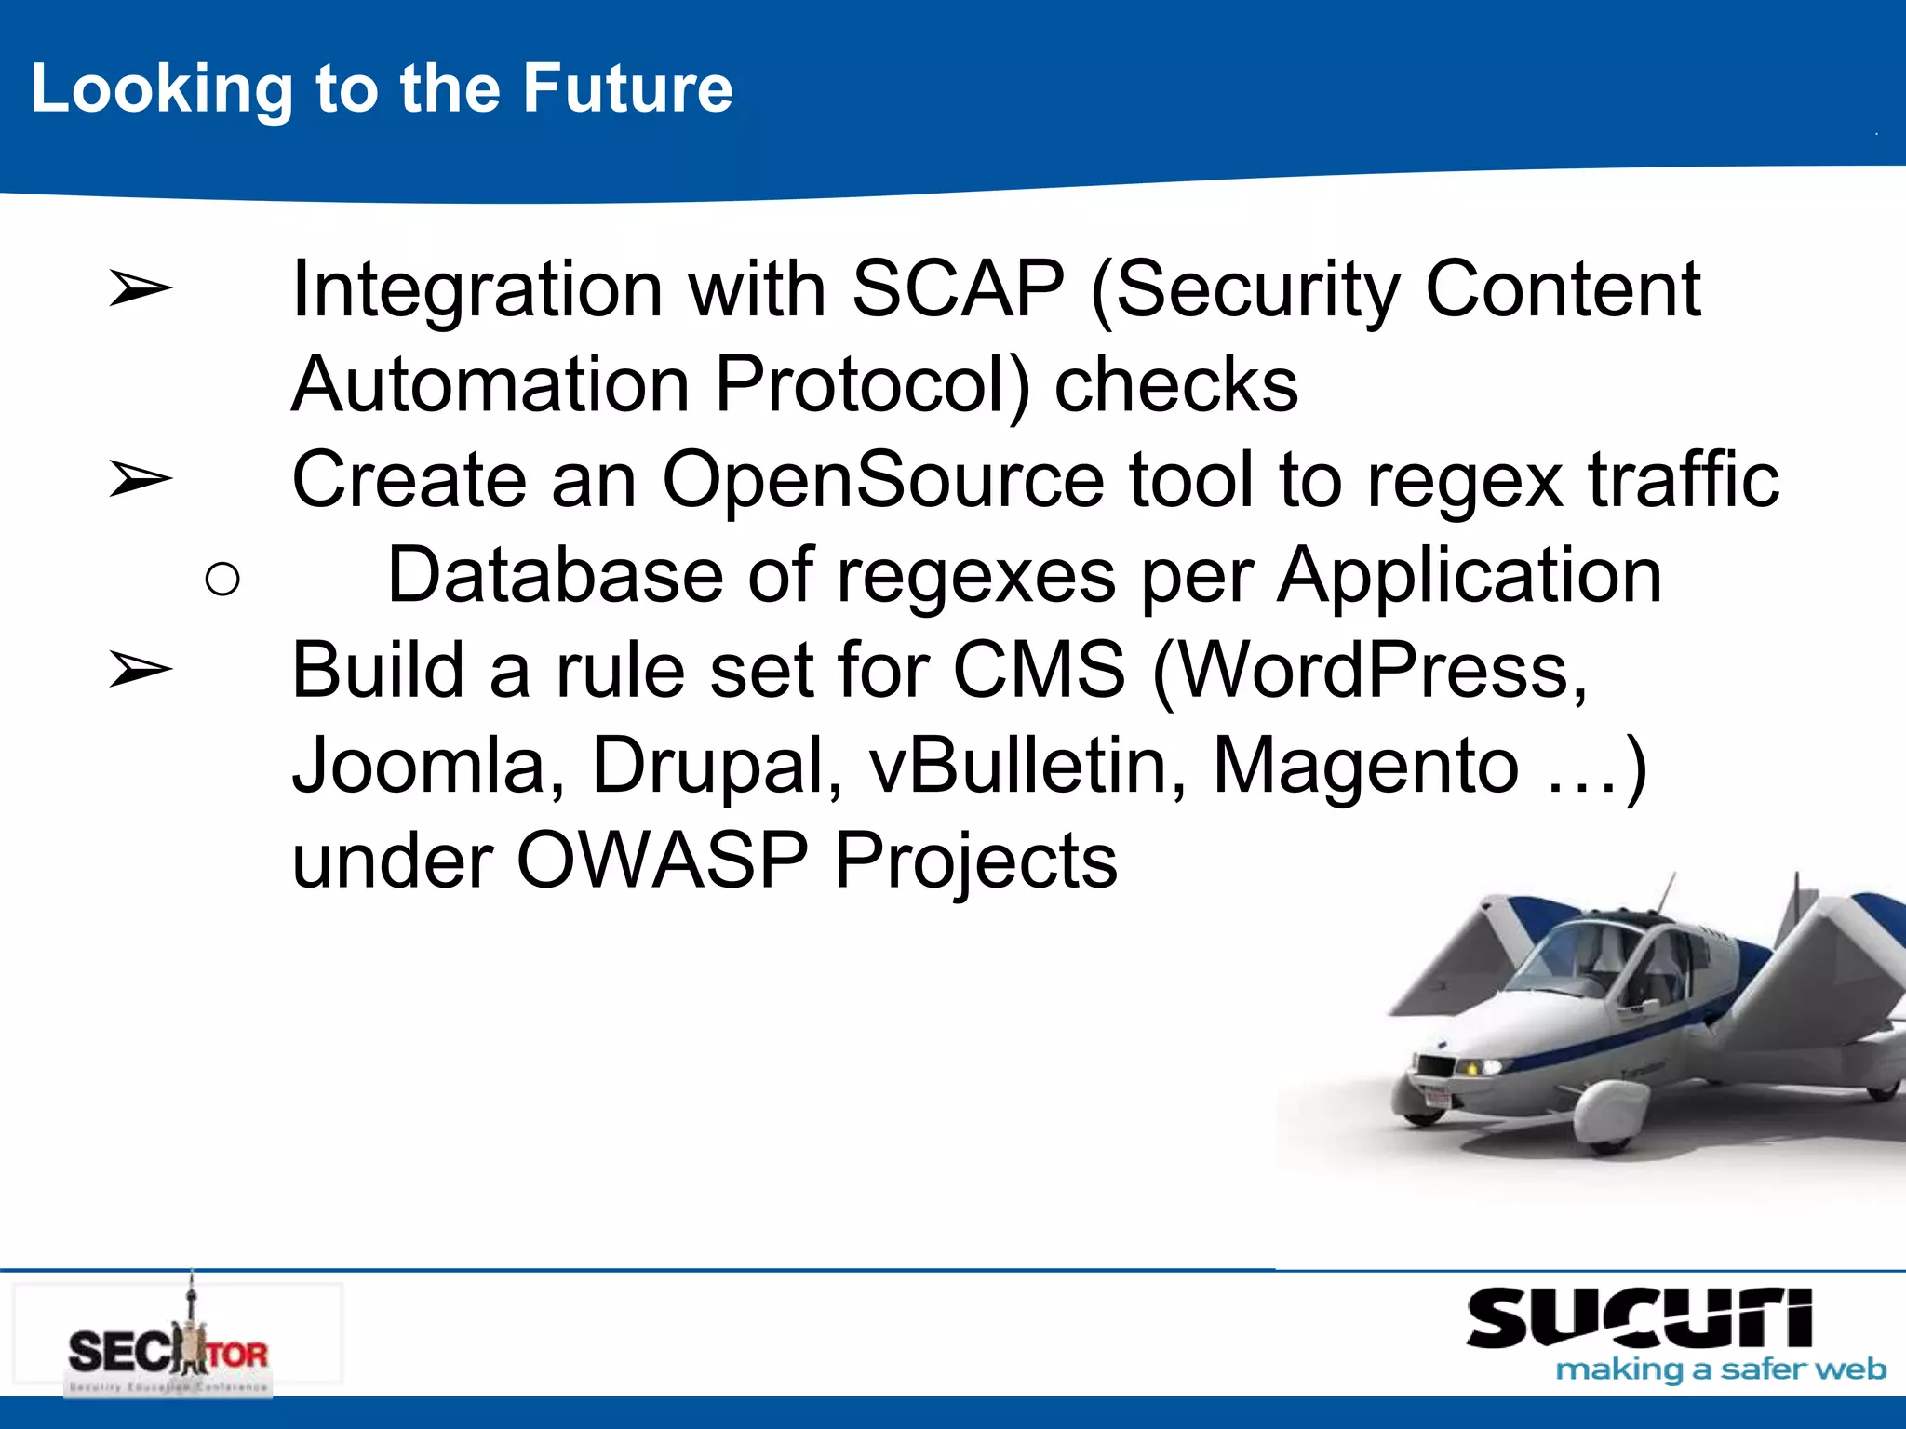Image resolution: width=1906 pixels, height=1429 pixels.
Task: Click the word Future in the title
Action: coord(626,89)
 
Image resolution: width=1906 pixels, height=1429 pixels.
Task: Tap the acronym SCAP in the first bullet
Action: coord(958,289)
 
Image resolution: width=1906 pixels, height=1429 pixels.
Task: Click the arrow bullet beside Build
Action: coord(140,669)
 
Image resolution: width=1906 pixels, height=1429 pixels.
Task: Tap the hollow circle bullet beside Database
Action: coord(222,579)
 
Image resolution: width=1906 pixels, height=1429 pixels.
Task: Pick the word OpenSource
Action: coord(882,480)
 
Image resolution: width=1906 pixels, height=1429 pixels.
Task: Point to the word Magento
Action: coord(1365,768)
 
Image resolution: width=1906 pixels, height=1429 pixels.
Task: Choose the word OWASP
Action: coord(662,861)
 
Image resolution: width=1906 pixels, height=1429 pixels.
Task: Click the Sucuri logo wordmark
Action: coord(1638,1318)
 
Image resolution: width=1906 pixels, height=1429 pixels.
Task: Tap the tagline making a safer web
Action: coord(1720,1369)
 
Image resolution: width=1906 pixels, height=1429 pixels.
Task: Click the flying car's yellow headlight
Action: coord(1472,1067)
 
